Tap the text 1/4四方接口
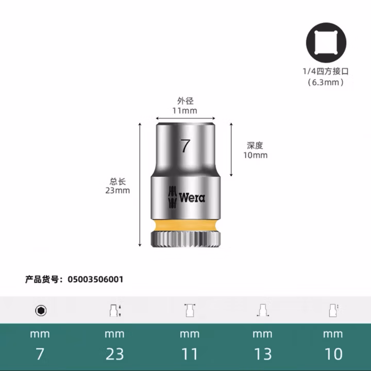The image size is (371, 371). click(325, 72)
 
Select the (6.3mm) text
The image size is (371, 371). click(325, 82)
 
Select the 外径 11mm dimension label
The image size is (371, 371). click(185, 106)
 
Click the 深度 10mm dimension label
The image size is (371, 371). click(255, 150)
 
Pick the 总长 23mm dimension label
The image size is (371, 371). click(117, 185)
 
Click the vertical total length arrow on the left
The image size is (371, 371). click(139, 185)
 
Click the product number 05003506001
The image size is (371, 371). click(92, 279)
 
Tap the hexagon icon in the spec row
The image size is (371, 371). click(40, 310)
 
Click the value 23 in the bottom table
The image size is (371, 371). click(114, 354)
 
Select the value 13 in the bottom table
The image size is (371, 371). click(262, 354)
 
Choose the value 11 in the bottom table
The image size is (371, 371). click(189, 354)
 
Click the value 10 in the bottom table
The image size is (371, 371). click(333, 354)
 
